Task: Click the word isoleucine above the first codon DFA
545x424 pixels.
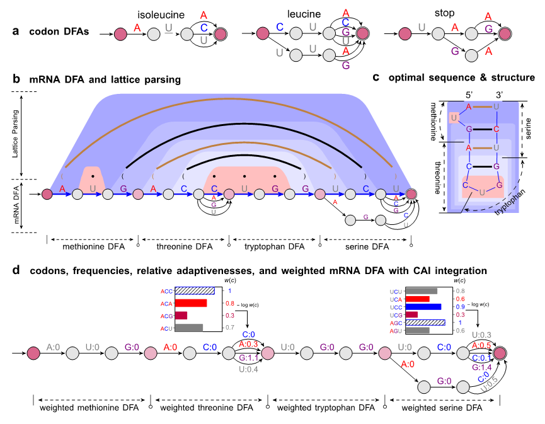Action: tap(161, 15)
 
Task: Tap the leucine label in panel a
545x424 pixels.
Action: tap(304, 14)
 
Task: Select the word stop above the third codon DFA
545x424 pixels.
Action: tap(445, 13)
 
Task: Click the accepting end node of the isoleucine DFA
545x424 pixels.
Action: tap(221, 34)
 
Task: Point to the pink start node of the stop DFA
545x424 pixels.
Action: tap(405, 34)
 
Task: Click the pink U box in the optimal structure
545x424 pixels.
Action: tap(454, 118)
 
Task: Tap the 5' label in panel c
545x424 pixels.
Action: tap(469, 95)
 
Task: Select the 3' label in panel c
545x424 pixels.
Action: tap(500, 95)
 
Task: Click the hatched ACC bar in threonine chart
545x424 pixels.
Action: tap(195, 291)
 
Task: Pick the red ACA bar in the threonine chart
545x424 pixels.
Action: tap(191, 303)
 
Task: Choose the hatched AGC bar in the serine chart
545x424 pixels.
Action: tap(425, 323)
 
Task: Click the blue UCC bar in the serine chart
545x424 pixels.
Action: tap(423, 307)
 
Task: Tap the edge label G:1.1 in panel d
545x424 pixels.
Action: tap(248, 358)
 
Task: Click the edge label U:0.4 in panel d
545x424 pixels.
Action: tap(248, 369)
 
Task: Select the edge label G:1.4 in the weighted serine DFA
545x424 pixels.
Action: tap(481, 367)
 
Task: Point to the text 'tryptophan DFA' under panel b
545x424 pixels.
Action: tap(274, 247)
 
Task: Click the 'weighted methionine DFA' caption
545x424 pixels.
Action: tap(89, 408)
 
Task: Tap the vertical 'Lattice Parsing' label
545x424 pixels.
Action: tap(15, 134)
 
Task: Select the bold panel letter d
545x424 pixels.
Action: tap(16, 270)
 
